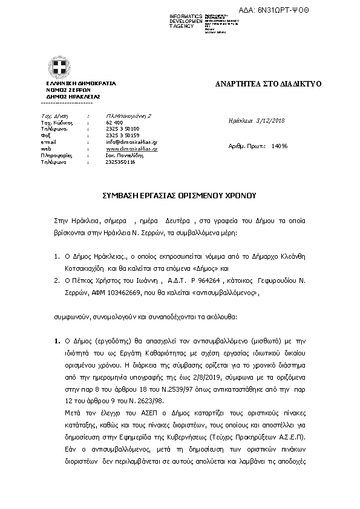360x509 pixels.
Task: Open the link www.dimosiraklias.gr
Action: coord(131,148)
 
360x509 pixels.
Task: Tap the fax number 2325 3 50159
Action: coord(123,135)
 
